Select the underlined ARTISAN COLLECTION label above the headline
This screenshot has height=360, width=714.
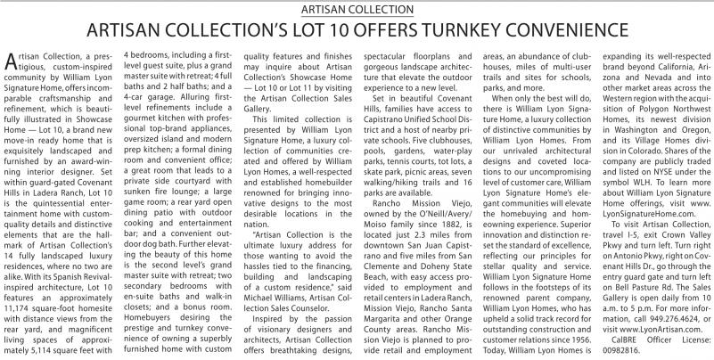click(x=357, y=9)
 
